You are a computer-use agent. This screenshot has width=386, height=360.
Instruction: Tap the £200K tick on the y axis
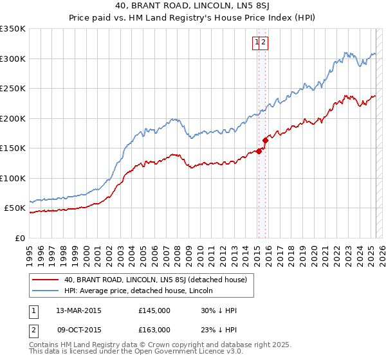point(13,118)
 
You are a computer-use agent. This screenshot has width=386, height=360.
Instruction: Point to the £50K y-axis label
point(15,208)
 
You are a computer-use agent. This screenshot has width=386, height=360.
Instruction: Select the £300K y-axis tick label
point(13,59)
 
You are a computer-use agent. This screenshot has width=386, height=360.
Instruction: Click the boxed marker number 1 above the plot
point(257,43)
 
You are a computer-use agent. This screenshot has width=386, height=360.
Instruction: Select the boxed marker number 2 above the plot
point(264,43)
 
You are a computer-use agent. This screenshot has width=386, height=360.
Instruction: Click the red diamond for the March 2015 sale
point(259,151)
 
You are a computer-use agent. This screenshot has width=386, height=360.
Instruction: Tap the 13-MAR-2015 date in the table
point(78,310)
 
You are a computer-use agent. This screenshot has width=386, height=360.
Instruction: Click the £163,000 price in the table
point(154,329)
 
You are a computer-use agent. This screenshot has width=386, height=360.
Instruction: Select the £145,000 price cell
point(154,310)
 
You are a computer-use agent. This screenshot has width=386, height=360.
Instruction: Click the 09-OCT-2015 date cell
point(78,329)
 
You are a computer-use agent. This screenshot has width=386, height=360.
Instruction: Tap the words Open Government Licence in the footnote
point(196,353)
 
